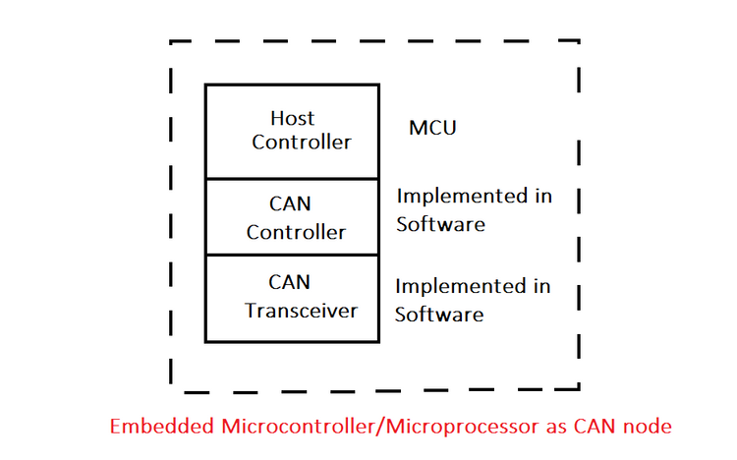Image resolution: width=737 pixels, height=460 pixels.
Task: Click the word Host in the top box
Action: [x=293, y=118]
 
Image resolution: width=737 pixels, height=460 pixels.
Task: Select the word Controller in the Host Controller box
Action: [x=301, y=142]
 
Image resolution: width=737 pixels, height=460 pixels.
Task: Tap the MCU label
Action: [x=432, y=129]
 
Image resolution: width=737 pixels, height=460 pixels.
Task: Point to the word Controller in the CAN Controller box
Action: [x=296, y=233]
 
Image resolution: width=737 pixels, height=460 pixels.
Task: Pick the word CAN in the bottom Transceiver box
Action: [x=290, y=283]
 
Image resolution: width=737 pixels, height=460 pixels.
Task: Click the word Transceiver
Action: [x=301, y=311]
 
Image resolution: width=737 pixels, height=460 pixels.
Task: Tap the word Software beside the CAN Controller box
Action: [x=440, y=224]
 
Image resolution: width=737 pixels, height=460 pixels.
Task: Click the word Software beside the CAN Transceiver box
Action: [x=439, y=315]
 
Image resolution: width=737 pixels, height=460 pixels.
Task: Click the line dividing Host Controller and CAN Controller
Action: [x=292, y=179]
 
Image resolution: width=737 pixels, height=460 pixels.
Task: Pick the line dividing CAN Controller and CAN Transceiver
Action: [x=292, y=256]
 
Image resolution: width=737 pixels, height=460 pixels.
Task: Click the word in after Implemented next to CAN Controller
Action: [x=542, y=197]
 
